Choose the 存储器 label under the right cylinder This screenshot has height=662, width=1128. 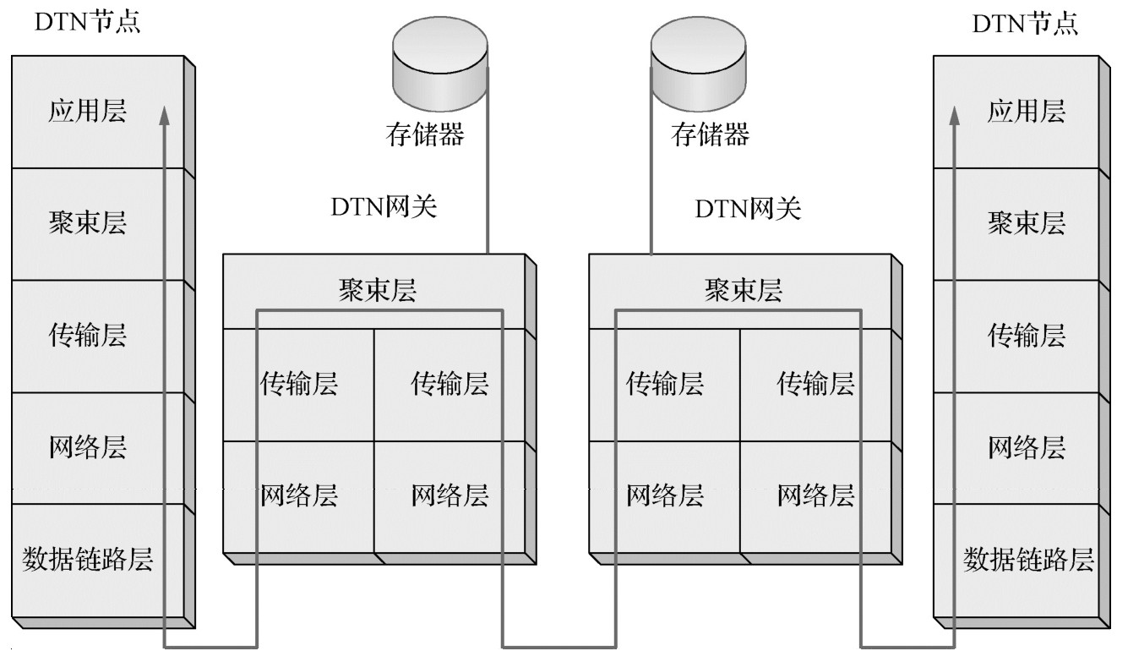pos(711,134)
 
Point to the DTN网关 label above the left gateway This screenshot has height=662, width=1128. pos(384,208)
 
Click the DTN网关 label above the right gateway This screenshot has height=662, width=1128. pos(748,208)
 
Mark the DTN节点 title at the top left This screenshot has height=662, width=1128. pos(86,23)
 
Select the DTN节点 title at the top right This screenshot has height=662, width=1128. pos(1026,23)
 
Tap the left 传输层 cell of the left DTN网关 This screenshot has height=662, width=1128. pos(299,384)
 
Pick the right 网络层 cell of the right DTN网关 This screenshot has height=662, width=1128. pos(815,495)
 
